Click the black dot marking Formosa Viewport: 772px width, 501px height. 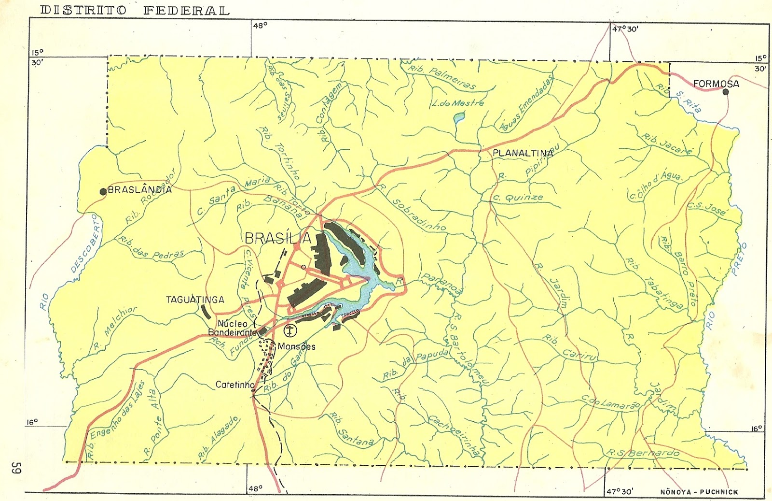point(725,91)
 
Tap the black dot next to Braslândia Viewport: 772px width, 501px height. point(103,192)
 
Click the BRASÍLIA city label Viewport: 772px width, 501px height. point(278,238)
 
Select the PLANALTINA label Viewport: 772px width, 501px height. point(523,153)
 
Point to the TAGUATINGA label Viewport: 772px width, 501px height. point(195,300)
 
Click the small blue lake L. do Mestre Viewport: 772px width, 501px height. point(459,117)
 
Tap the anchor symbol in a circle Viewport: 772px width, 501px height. point(290,331)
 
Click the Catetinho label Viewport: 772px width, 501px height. point(234,385)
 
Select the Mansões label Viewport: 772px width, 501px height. point(296,346)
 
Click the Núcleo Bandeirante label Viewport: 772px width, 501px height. point(232,328)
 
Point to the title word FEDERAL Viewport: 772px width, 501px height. point(186,10)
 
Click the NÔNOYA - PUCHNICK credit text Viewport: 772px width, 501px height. point(699,492)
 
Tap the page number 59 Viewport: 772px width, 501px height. point(16,468)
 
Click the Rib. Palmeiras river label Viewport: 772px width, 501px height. point(442,77)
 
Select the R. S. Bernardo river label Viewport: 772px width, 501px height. point(643,453)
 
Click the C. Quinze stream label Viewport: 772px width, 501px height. point(517,198)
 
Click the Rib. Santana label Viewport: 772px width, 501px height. point(351,430)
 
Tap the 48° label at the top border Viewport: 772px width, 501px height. point(260,26)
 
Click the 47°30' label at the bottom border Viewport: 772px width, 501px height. point(620,491)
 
